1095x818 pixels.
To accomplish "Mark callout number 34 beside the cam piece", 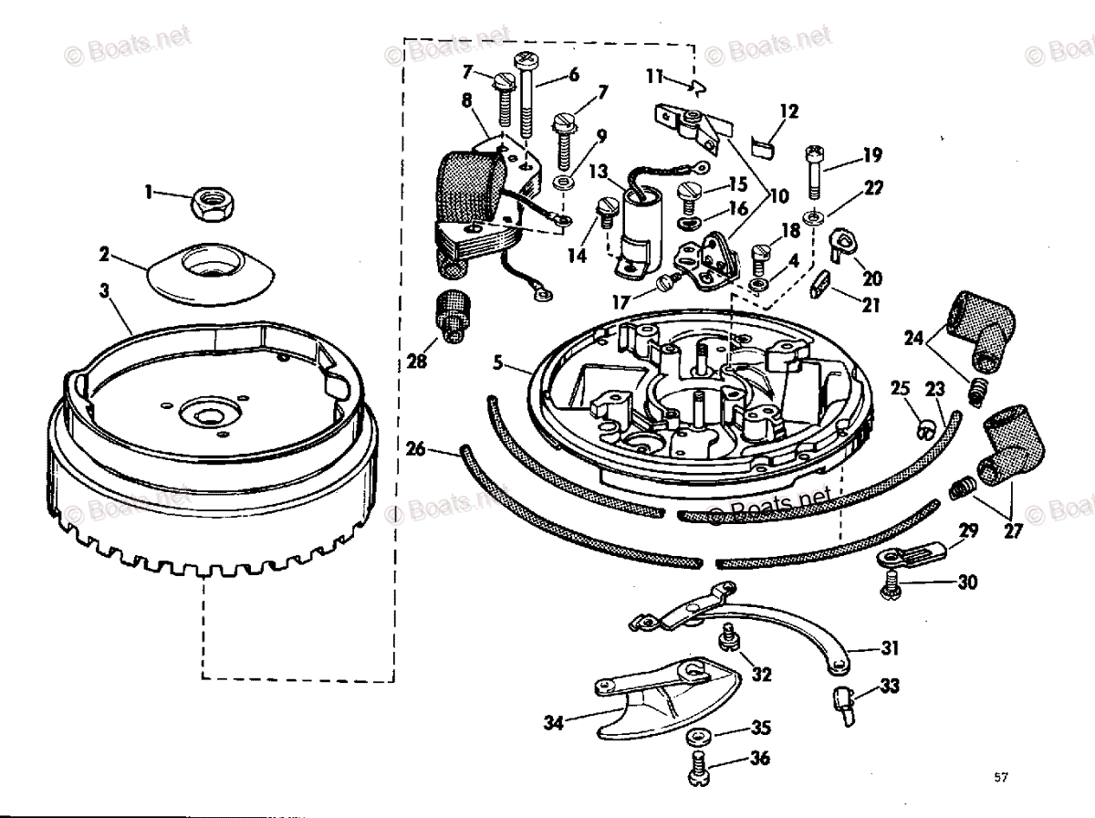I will tap(553, 724).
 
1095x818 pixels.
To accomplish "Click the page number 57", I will tap(1001, 777).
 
